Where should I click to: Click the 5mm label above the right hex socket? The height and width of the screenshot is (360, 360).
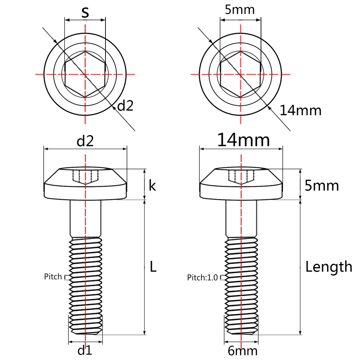tap(240, 9)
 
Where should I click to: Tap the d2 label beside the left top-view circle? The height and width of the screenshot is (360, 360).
tap(126, 105)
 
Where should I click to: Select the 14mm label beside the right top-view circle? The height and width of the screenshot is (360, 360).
tap(301, 110)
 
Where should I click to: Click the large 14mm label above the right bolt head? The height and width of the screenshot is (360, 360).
tap(243, 140)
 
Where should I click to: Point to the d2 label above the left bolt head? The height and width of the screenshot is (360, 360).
tap(85, 141)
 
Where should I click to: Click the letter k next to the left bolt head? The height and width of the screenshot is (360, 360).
tap(152, 185)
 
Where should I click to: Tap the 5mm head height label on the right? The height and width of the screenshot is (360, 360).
tap(322, 185)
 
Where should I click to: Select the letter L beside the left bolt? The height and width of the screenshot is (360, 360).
tap(153, 267)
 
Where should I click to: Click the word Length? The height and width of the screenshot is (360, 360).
tap(328, 267)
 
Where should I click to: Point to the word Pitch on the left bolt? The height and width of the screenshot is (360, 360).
tap(53, 277)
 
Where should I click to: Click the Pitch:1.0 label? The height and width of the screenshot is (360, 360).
tap(202, 278)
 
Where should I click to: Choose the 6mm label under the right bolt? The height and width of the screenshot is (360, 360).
tap(242, 351)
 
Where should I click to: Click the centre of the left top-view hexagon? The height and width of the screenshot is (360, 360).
tap(85, 74)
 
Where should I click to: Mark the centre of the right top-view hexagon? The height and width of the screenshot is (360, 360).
tap(241, 74)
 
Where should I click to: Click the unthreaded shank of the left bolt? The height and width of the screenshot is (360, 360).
tap(85, 218)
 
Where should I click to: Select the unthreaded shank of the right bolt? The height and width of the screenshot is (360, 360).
tap(241, 218)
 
